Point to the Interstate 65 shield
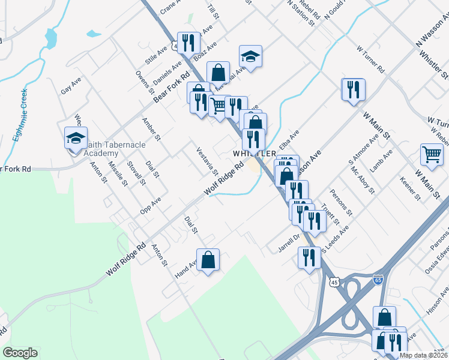coord(378,280)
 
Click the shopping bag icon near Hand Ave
coord(208,260)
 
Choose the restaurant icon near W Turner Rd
coord(353,89)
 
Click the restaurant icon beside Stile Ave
coord(190,42)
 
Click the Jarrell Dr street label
coord(289,245)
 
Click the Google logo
coord(20,353)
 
